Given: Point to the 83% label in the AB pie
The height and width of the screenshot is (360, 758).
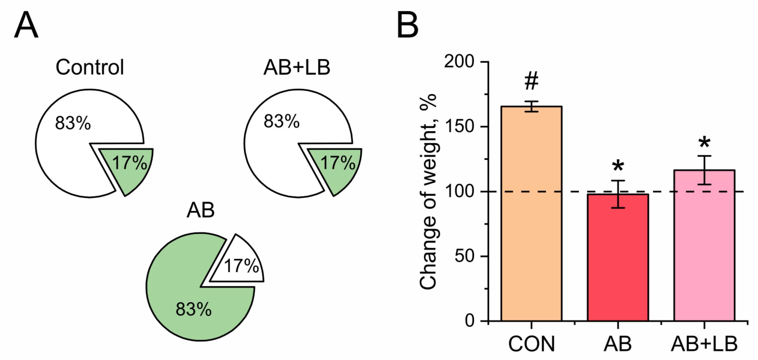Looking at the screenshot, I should click(194, 309).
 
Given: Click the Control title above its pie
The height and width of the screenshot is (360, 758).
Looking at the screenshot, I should click(90, 67).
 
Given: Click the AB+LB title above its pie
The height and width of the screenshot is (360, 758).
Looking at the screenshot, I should click(297, 67).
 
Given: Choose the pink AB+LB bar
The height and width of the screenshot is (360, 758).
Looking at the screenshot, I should click(704, 250).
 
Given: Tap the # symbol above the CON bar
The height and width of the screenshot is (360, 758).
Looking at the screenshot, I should click(531, 81).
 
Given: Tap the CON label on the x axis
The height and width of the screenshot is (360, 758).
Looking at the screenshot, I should click(531, 343).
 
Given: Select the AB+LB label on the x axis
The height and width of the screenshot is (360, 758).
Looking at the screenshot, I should click(704, 343).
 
